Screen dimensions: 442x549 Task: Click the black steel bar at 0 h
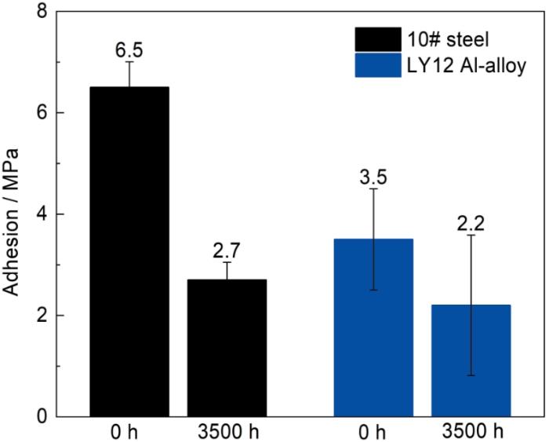129,251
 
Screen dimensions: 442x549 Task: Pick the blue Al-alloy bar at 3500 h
471,360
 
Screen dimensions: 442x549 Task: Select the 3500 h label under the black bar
227,432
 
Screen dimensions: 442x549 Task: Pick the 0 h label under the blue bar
373,432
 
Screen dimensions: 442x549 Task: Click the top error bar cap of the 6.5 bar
129,61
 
